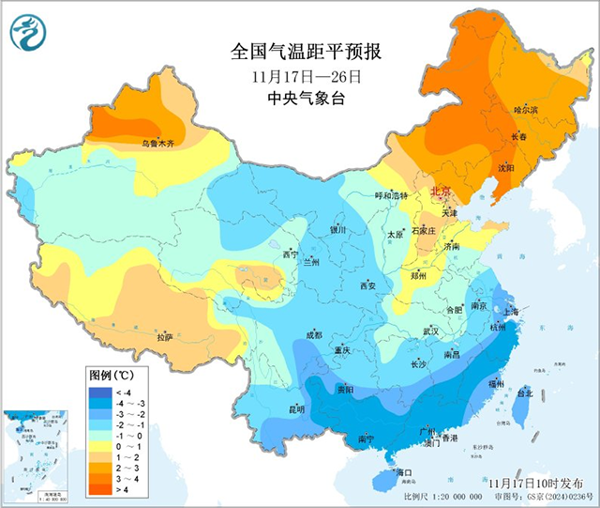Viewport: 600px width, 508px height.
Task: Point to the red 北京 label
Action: click(441, 192)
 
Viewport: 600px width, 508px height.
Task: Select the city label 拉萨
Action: click(165, 337)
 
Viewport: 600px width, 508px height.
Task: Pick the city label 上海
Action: click(511, 312)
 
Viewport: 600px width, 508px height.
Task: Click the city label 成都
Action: click(312, 335)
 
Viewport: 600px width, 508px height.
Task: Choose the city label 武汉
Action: click(431, 331)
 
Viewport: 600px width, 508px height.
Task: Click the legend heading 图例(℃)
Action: click(111, 375)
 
